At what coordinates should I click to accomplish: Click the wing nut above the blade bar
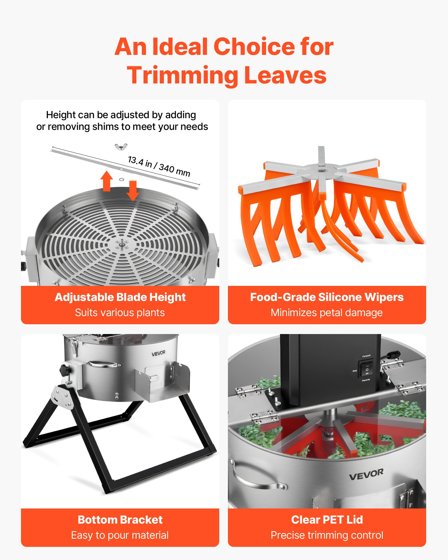121,147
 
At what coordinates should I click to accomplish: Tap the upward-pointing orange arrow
106,181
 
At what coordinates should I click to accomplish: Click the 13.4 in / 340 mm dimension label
159,166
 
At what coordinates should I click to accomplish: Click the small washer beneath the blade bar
121,179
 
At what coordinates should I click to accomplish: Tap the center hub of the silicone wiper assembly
321,170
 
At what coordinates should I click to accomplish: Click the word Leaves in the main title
285,75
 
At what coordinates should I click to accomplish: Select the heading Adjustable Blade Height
120,297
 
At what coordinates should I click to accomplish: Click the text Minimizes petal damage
326,312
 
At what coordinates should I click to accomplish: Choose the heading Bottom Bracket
120,520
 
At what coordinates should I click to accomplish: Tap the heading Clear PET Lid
327,520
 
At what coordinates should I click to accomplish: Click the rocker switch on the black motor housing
367,368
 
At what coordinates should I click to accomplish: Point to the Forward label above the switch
366,356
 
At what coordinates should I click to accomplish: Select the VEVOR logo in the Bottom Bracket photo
158,353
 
